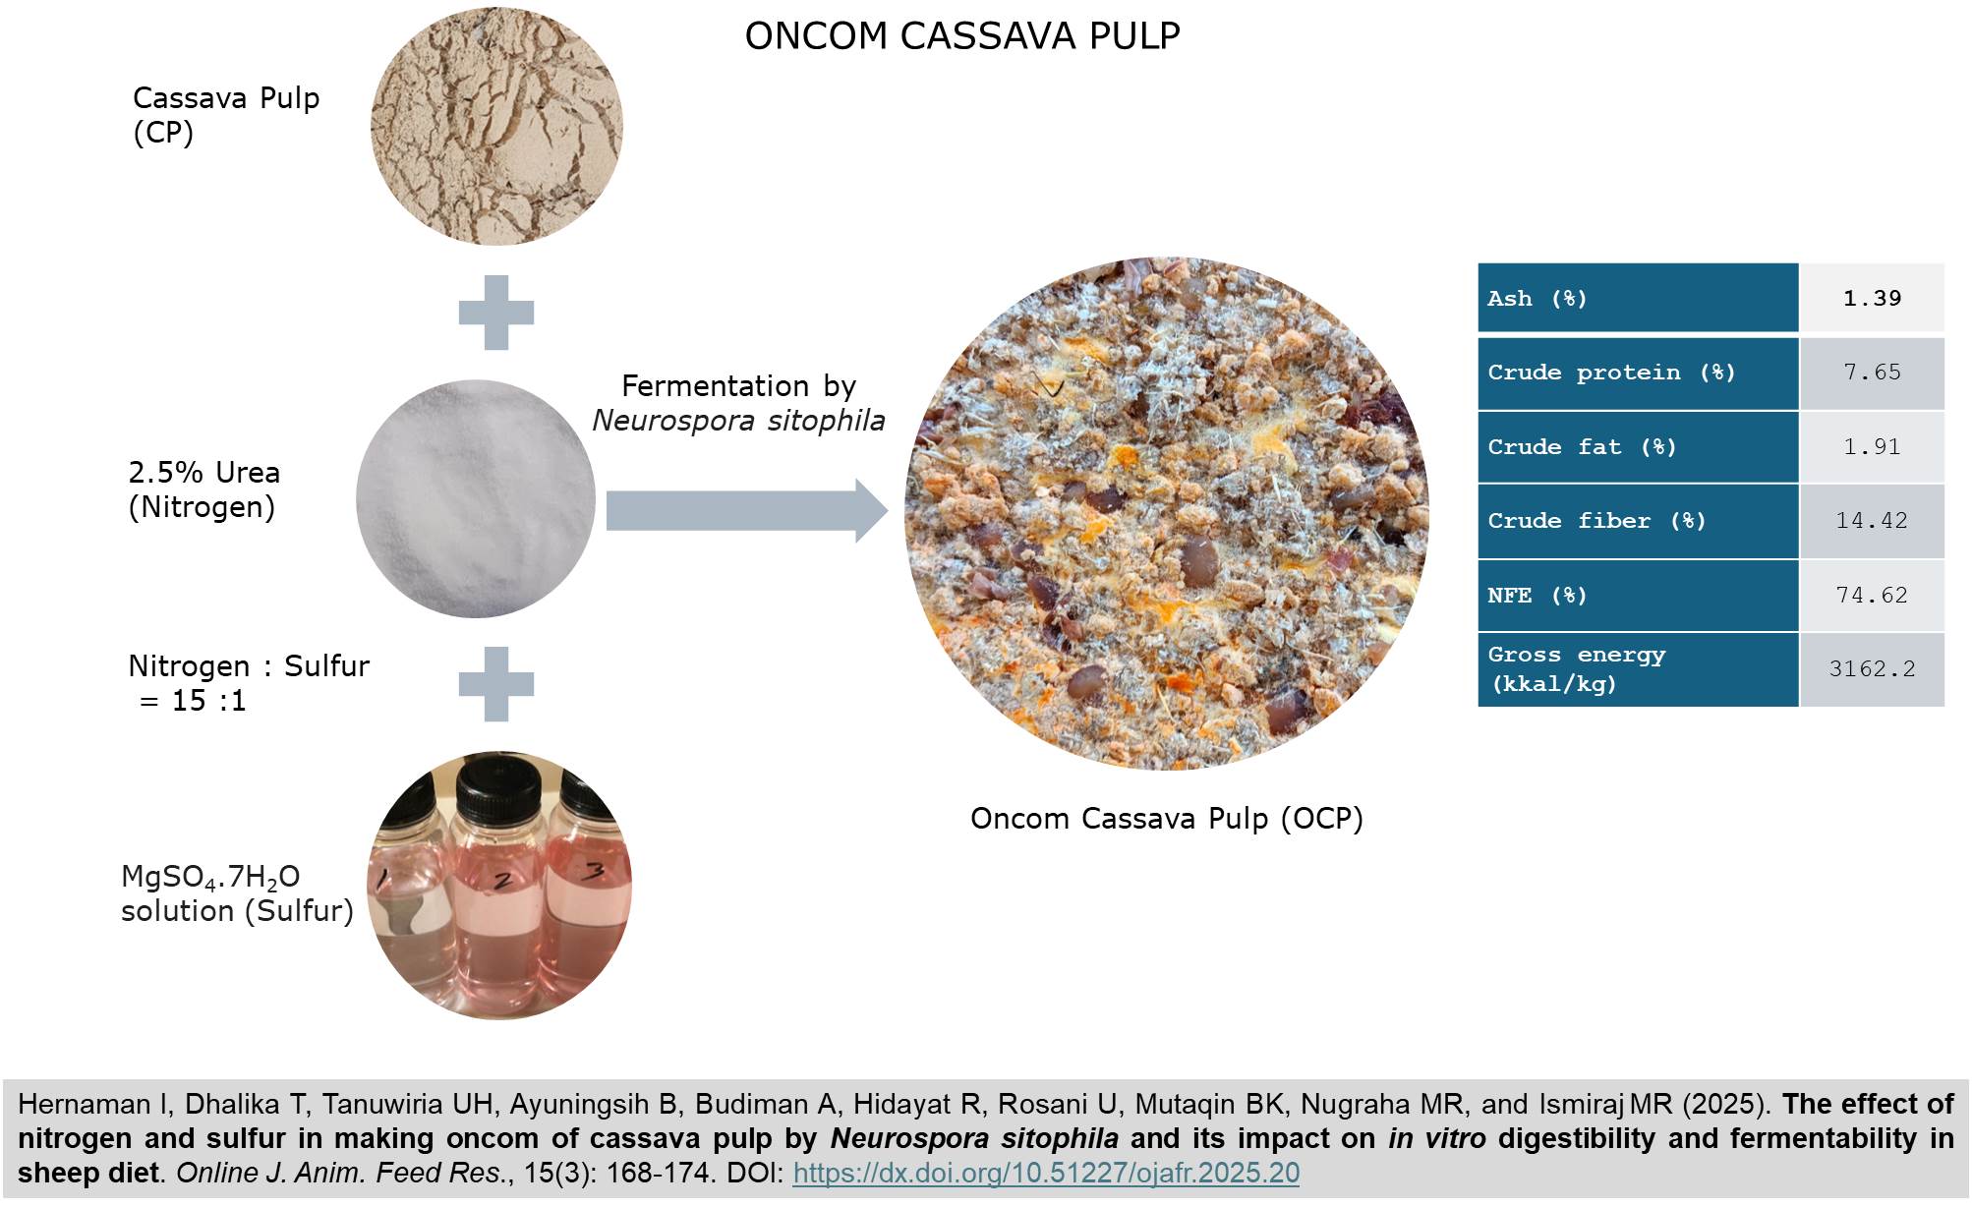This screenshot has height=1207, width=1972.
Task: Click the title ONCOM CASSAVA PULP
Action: [961, 36]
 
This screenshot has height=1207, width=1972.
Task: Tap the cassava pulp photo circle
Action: [496, 127]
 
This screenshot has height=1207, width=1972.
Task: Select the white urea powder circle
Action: [476, 498]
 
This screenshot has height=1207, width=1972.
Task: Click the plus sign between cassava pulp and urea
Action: [496, 313]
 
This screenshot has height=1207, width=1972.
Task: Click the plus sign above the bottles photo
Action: [496, 684]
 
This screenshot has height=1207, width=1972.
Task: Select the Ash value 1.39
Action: [1872, 298]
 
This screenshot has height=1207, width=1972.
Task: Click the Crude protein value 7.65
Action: [1872, 373]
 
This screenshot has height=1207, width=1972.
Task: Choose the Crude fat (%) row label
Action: [1582, 447]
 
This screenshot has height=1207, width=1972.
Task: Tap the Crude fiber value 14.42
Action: [1872, 521]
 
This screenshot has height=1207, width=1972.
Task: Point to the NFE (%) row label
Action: [1537, 596]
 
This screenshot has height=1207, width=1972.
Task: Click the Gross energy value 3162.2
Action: [1872, 669]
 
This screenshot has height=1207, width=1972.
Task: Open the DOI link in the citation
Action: [1046, 1173]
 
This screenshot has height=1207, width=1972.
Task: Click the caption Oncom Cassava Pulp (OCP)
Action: [1166, 819]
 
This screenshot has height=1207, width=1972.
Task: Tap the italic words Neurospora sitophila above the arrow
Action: [738, 421]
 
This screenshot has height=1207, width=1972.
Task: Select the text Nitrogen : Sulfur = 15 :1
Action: [248, 683]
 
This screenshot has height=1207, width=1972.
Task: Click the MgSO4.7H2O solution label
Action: [236, 893]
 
